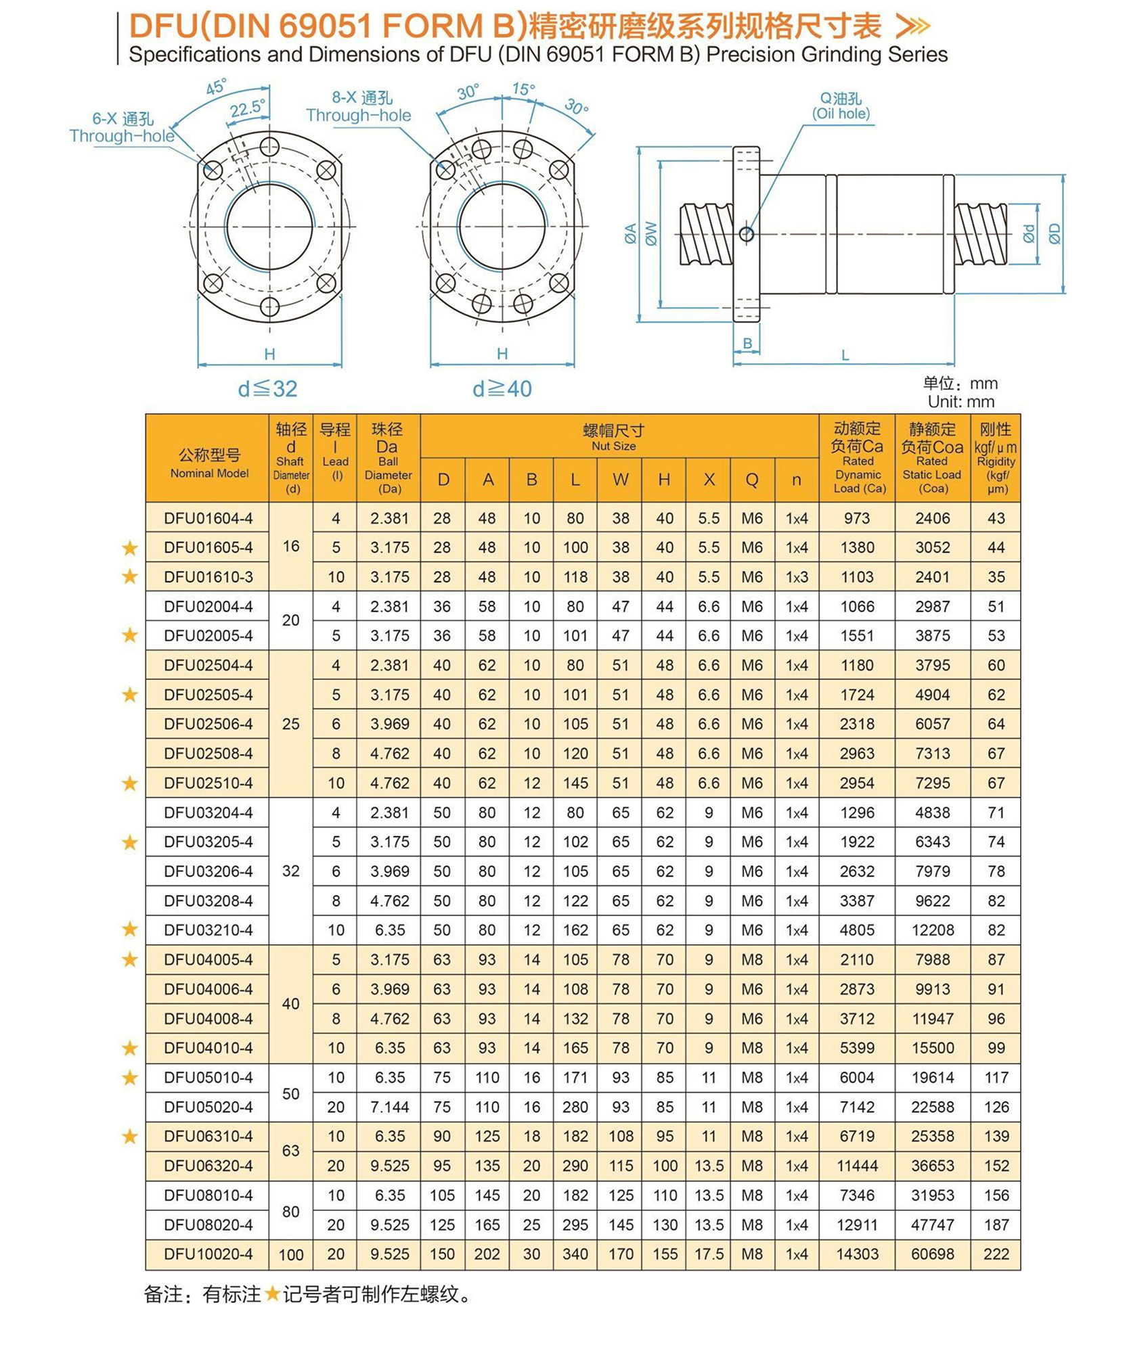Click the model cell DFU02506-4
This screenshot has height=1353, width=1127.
208,724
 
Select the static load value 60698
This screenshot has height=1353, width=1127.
932,1254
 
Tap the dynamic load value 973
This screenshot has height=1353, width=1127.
856,518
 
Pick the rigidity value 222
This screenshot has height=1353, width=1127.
996,1254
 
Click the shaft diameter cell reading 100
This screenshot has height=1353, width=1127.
290,1254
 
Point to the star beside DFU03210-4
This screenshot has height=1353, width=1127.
130,930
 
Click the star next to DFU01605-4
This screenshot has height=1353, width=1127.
130,548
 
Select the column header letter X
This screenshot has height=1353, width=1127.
709,480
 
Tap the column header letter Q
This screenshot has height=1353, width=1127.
751,480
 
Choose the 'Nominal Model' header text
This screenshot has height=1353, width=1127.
209,473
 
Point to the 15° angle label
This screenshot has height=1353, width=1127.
523,89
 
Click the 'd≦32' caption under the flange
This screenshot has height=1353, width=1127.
268,388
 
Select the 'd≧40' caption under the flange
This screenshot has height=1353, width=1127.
502,388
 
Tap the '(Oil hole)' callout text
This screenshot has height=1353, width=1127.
841,114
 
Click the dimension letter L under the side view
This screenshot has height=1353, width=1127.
845,354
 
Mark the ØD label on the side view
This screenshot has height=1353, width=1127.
1054,233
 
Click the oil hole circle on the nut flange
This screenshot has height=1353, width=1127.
747,234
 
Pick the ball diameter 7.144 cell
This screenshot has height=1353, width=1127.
389,1107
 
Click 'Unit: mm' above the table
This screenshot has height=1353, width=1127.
960,401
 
